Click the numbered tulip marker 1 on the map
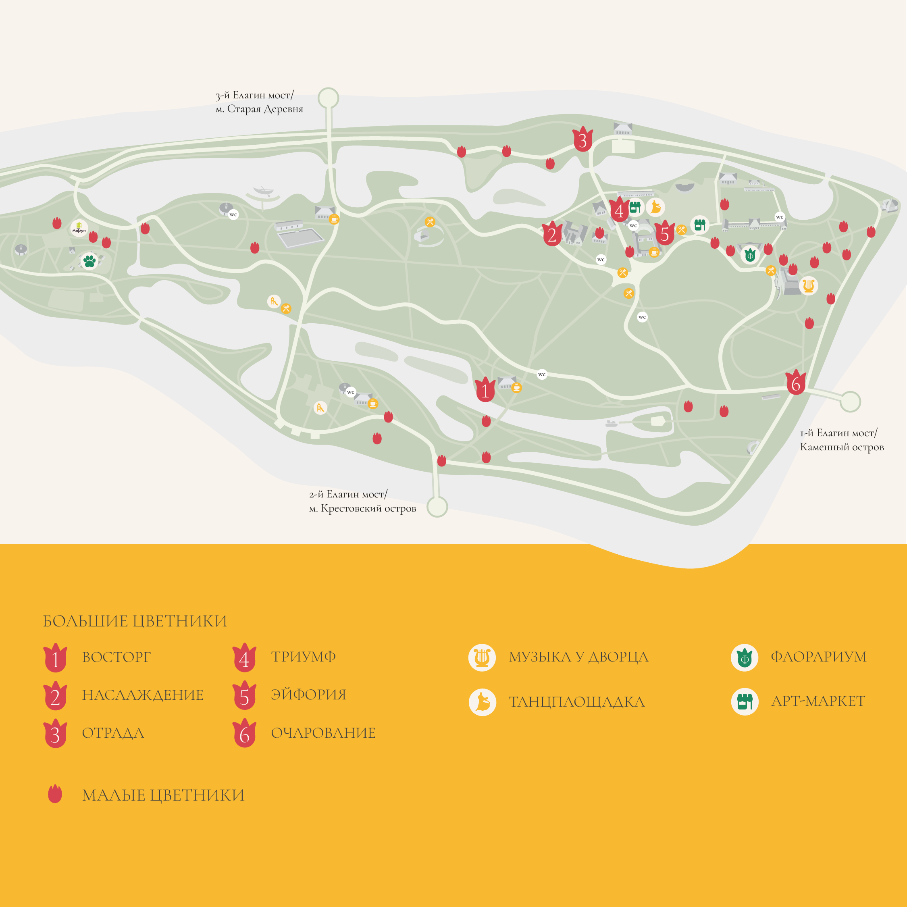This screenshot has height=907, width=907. point(485,390)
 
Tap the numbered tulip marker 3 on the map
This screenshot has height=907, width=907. point(582,139)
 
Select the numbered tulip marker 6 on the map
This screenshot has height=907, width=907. point(796,383)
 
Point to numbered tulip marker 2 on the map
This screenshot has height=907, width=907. point(552,234)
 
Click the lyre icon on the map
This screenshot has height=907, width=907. point(808,285)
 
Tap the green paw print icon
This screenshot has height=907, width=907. point(89,260)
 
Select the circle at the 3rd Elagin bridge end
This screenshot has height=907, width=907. point(328,98)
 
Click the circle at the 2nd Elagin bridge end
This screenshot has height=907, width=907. point(437,507)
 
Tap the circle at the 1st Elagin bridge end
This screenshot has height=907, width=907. point(850,401)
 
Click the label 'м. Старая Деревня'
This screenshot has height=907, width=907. point(259,109)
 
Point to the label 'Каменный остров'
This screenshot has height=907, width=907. point(842,447)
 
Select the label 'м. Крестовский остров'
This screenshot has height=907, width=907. point(362,508)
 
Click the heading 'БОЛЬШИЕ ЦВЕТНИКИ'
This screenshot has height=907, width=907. point(135,621)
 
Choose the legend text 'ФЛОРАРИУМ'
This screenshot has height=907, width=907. point(818,657)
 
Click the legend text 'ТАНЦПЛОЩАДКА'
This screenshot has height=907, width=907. point(576,702)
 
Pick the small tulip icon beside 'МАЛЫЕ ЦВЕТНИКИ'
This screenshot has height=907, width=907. point(55,794)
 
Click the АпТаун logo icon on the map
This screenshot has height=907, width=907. point(79,228)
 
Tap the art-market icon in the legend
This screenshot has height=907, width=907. point(745,701)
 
